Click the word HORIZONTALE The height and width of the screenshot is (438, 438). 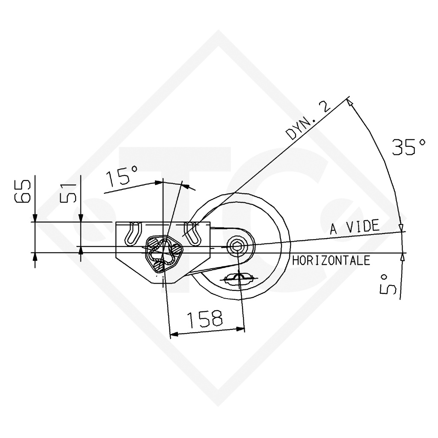[x=331, y=260]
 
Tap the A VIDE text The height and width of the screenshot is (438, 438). [x=355, y=227]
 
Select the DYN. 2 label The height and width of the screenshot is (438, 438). [x=308, y=120]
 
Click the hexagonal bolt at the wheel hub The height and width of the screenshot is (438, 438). [x=237, y=246]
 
